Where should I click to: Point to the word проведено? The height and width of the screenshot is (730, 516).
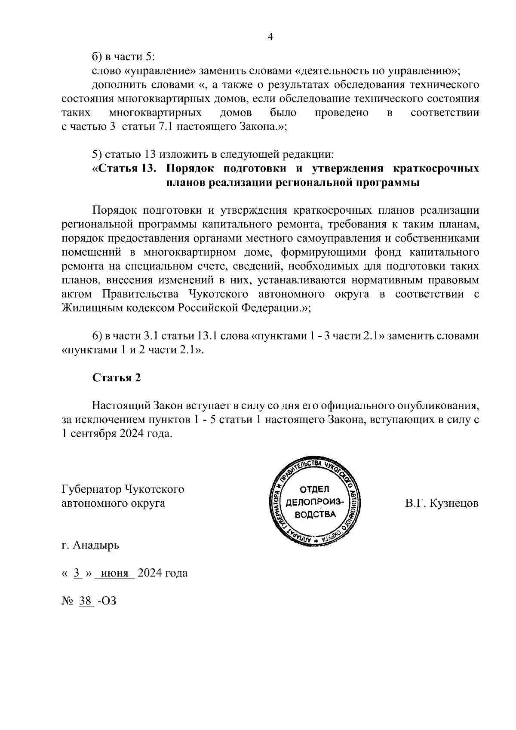click(341, 113)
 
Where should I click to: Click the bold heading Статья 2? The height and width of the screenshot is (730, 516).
click(117, 377)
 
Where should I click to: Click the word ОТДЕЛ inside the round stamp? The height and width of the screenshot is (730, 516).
click(314, 489)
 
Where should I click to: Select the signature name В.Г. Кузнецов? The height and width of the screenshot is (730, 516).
click(442, 503)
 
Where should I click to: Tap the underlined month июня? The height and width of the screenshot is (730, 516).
click(115, 573)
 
